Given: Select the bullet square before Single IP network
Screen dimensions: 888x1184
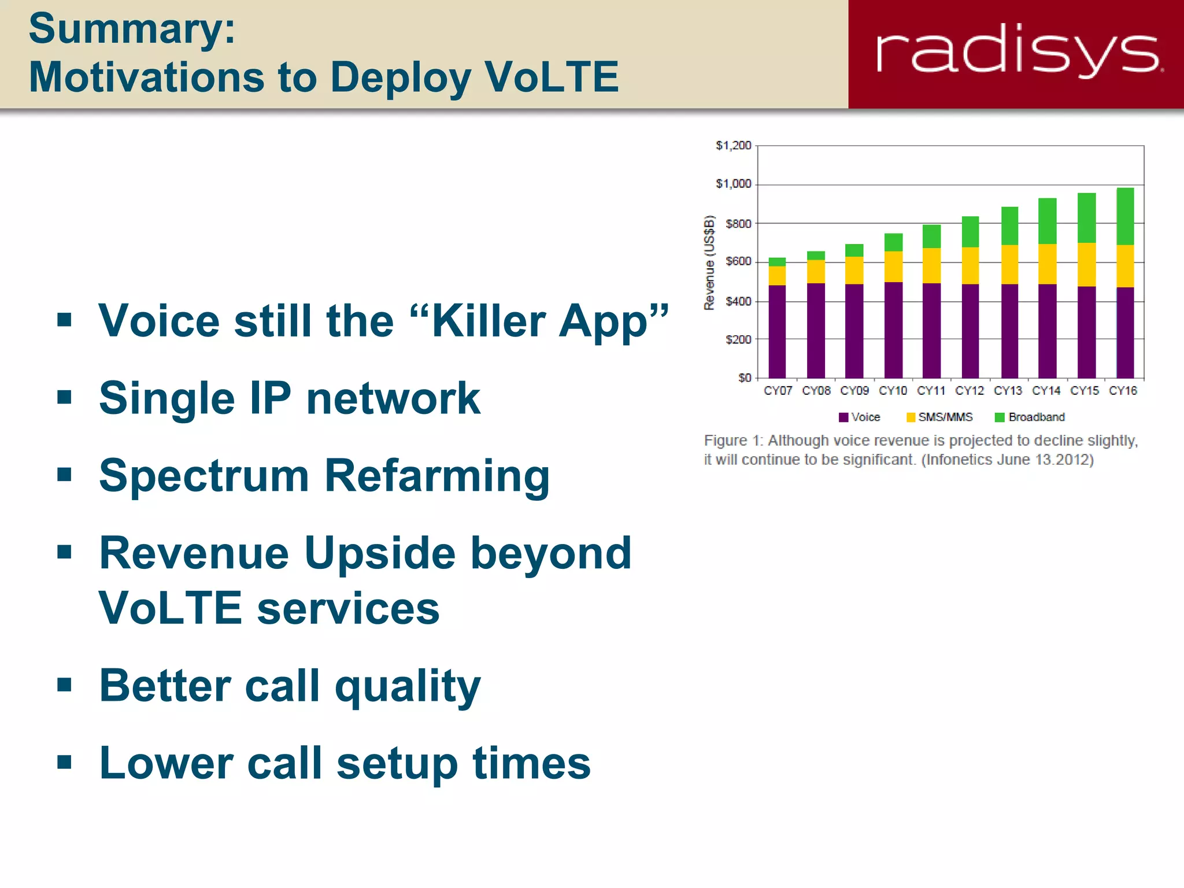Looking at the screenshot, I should click(x=64, y=397).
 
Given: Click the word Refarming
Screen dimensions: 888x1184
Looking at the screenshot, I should click(x=437, y=476).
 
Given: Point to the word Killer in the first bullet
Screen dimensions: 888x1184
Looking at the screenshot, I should click(x=488, y=321).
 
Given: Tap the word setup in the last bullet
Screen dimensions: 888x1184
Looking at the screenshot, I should click(x=398, y=763).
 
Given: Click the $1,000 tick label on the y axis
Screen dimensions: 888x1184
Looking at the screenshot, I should click(x=733, y=184).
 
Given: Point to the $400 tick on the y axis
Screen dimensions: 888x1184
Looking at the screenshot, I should click(x=738, y=301).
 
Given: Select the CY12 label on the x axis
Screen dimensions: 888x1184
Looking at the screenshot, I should click(x=970, y=391).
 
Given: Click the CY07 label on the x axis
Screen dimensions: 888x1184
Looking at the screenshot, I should click(x=778, y=391).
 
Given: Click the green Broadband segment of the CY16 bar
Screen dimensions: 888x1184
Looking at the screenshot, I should click(x=1125, y=216).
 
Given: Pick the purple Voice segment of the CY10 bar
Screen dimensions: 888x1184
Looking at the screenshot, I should click(x=893, y=330).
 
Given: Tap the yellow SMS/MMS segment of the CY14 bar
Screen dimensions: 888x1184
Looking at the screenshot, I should click(x=1047, y=264).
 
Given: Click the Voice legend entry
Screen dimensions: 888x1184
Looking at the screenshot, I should click(x=860, y=417).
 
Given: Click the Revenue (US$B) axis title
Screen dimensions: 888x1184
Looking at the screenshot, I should click(x=709, y=262).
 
